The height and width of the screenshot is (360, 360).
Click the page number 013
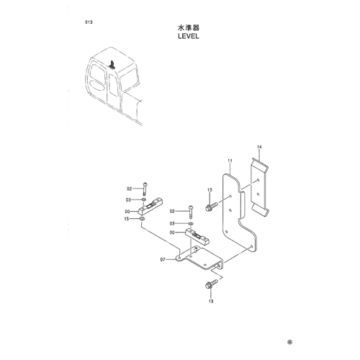click(x=89, y=22)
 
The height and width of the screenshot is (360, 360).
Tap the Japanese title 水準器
click(x=189, y=28)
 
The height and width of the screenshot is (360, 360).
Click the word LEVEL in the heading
click(x=189, y=36)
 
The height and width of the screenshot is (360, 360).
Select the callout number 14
click(x=259, y=147)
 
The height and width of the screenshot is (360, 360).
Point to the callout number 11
click(x=230, y=161)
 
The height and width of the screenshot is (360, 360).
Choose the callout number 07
click(x=163, y=259)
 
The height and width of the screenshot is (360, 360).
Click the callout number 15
click(x=126, y=219)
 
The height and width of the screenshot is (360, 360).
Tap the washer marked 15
click(x=142, y=219)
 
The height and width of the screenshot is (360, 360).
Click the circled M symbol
click(x=290, y=342)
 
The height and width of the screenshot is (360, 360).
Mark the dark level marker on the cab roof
click(x=112, y=65)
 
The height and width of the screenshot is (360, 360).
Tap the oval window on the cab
click(x=97, y=85)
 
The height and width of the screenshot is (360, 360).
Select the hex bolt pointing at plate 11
click(x=212, y=207)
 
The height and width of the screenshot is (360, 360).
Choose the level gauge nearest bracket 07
click(x=197, y=237)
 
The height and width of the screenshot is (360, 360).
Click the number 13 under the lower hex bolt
click(x=211, y=301)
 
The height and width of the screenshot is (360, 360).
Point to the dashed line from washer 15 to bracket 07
click(x=160, y=237)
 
